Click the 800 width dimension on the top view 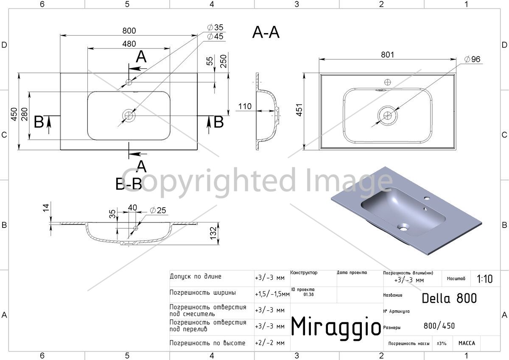click(x=129, y=31)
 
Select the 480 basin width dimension click(x=129, y=44)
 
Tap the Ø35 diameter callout click(x=215, y=28)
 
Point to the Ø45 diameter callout click(x=215, y=37)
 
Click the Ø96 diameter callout click(x=472, y=59)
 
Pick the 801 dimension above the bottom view click(x=387, y=55)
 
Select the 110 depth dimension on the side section click(x=245, y=106)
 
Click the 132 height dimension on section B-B click(x=213, y=233)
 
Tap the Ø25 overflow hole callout click(x=158, y=210)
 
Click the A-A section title click(x=266, y=32)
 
